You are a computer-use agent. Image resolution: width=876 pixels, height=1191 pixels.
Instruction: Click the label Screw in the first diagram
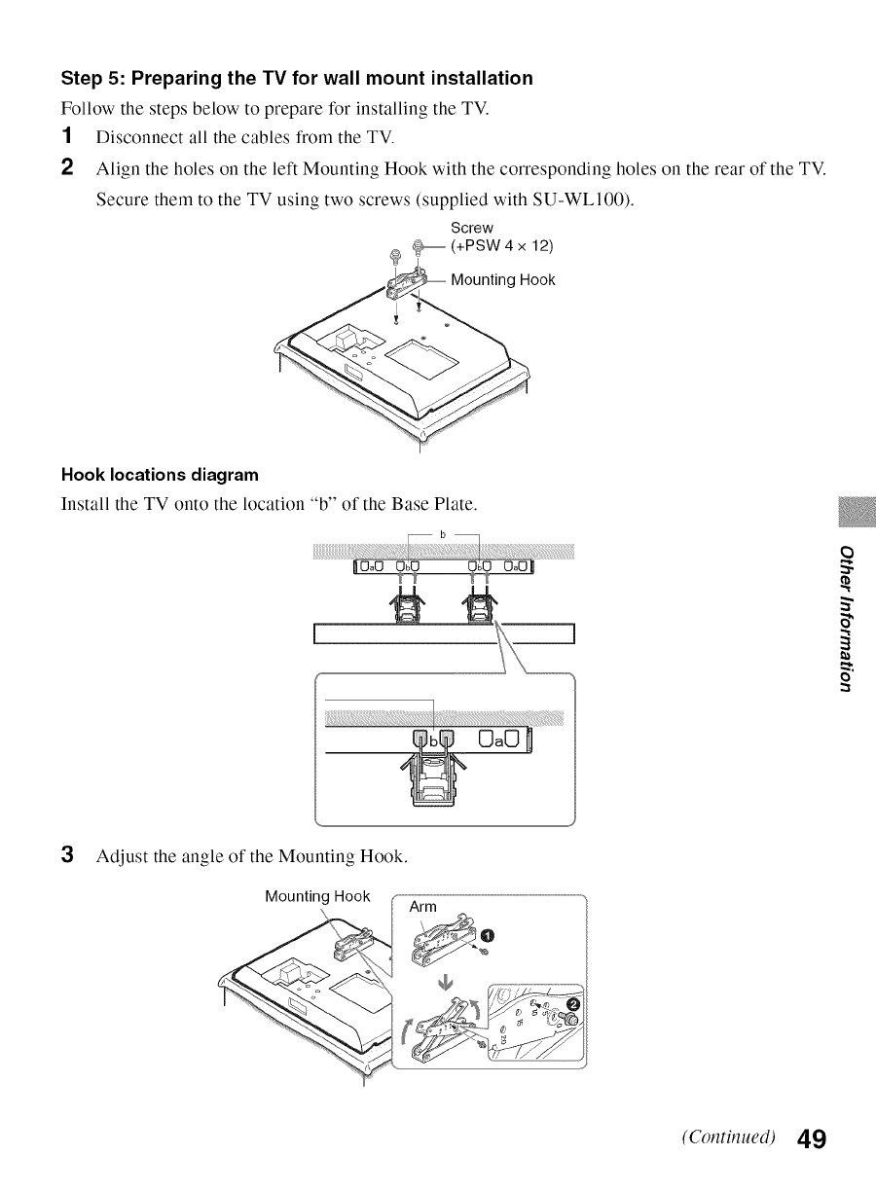point(472,228)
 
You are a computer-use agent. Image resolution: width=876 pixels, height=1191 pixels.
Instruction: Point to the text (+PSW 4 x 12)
point(502,244)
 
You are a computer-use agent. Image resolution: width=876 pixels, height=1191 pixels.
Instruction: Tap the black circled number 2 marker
point(573,1005)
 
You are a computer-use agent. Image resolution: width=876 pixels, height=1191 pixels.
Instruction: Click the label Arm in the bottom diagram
point(423,907)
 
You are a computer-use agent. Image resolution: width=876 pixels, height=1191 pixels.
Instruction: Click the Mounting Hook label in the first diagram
point(502,280)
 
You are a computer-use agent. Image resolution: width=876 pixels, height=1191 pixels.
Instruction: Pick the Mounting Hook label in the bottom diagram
point(317,896)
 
